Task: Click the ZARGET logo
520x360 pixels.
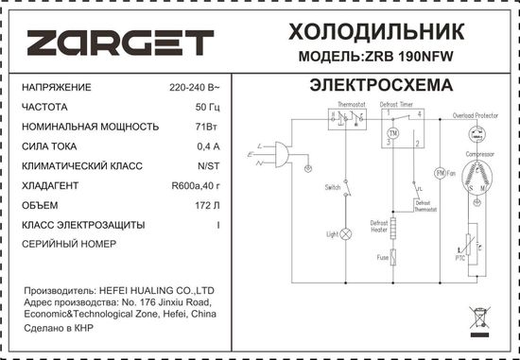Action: coord(119,43)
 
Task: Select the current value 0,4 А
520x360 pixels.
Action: coord(207,146)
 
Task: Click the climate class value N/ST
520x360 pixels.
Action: coord(207,165)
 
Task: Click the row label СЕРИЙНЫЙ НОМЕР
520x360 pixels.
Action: coord(68,244)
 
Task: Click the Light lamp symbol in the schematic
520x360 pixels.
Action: coord(346,232)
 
